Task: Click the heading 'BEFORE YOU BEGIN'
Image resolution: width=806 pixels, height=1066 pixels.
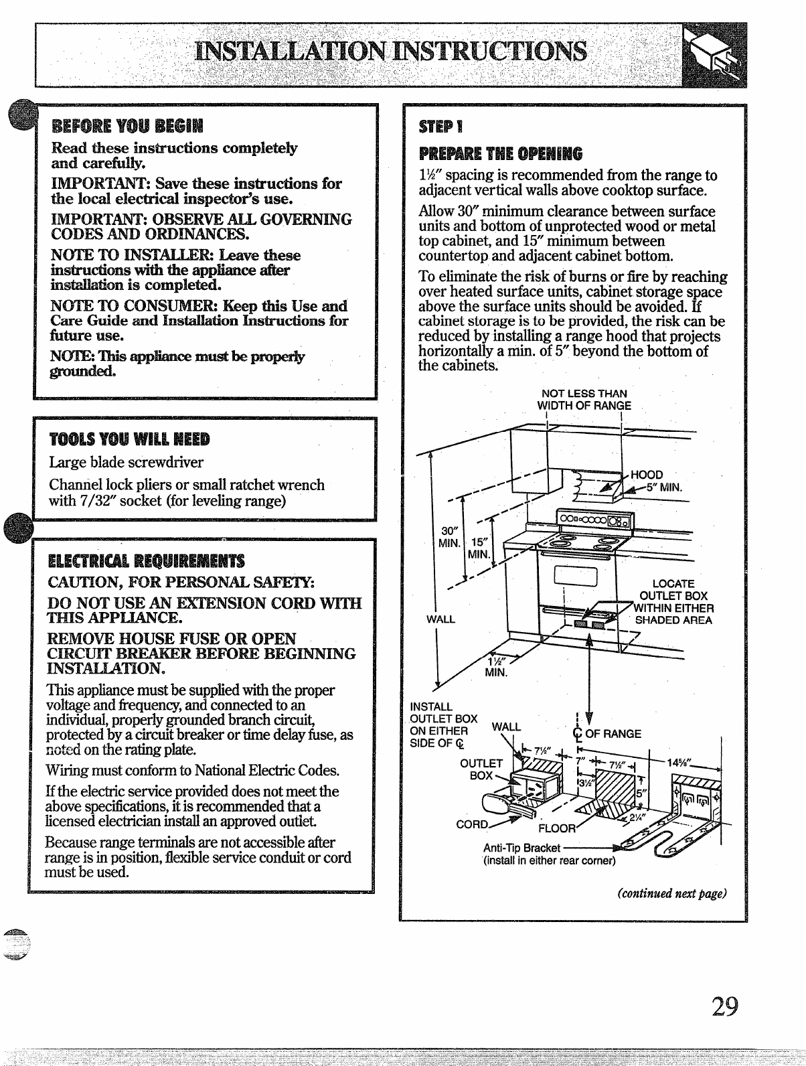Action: pos(120,126)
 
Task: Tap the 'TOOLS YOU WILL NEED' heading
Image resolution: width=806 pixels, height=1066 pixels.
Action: pos(129,439)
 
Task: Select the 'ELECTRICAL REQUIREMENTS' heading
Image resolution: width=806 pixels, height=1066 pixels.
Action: pos(146,560)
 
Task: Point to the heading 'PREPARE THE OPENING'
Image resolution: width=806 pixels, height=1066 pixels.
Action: pos(500,153)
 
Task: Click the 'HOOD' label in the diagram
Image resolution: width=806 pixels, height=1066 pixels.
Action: pos(647,475)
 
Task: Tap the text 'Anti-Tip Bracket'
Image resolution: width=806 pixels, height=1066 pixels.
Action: pos(521,848)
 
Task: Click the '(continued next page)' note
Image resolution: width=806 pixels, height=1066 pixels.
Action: pos(672,893)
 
